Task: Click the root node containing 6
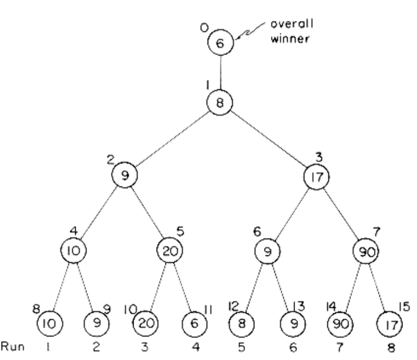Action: (x=221, y=44)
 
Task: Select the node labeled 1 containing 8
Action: (x=221, y=102)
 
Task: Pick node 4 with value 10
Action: (x=74, y=250)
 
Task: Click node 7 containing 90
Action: (x=365, y=250)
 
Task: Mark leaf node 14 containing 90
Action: (x=340, y=326)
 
